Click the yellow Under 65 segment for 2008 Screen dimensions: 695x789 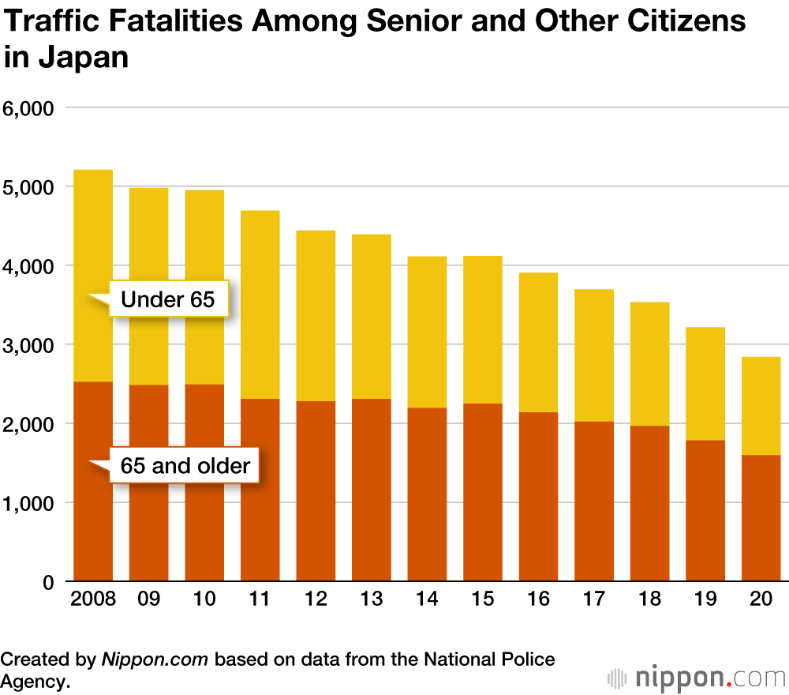pyautogui.click(x=93, y=237)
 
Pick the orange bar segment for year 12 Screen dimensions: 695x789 pyautogui.click(x=316, y=490)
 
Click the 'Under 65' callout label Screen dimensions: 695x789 pyautogui.click(x=167, y=299)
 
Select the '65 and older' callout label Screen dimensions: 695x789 pyautogui.click(x=185, y=466)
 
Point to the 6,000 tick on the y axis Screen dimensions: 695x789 pyautogui.click(x=27, y=107)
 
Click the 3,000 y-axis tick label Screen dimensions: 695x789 pyautogui.click(x=27, y=345)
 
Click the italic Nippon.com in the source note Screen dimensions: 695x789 pyautogui.click(x=155, y=659)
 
